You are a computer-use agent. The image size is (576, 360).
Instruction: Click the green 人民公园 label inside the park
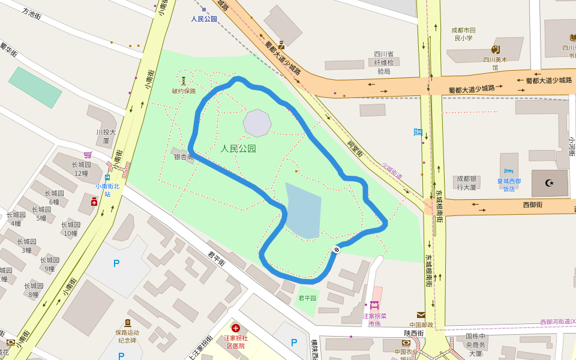[238, 149]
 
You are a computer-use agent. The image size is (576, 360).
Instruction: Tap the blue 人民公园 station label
[204, 19]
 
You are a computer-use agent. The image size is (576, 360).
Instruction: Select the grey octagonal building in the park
[257, 122]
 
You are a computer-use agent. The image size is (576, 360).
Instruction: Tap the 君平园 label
[307, 298]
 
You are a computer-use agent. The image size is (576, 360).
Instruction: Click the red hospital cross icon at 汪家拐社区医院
[236, 328]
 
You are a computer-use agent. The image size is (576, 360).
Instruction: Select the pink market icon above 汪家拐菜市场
[374, 305]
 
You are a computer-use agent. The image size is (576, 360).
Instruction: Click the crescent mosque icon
[549, 182]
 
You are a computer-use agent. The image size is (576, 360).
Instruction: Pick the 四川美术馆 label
[495, 63]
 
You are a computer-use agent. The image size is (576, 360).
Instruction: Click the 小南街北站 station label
[107, 190]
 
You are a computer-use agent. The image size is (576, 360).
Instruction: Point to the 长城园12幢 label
[81, 169]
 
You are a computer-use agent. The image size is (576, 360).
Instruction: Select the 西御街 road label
[532, 205]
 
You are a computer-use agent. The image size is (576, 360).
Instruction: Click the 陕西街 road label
[414, 333]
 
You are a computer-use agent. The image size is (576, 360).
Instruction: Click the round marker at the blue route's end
[337, 250]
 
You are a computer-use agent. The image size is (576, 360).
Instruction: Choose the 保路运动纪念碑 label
[127, 336]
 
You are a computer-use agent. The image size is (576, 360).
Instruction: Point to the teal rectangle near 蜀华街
[35, 87]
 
